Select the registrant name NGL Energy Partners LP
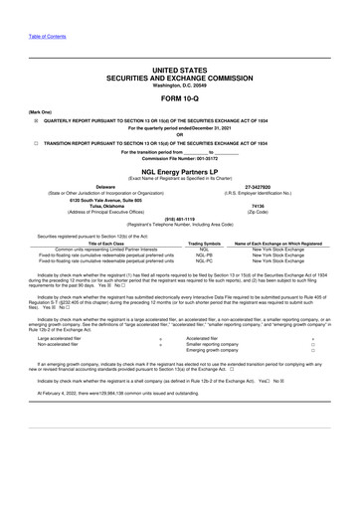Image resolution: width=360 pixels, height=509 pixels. (180, 171)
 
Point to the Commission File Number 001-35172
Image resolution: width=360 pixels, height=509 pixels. (180, 159)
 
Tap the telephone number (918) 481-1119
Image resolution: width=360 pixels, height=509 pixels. (180, 221)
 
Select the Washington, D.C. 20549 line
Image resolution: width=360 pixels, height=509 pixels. (180, 85)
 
